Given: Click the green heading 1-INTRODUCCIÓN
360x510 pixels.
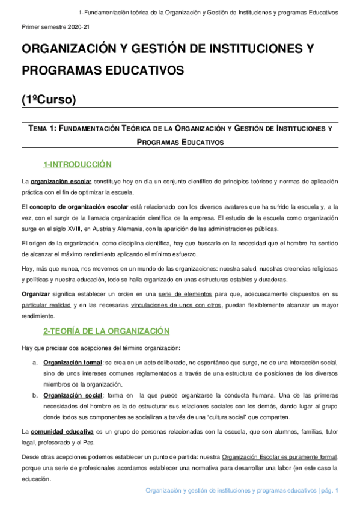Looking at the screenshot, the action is coord(78,164).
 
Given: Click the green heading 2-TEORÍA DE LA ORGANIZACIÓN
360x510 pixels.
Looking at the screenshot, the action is coord(106,331).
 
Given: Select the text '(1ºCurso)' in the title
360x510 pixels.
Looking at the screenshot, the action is coord(49,99).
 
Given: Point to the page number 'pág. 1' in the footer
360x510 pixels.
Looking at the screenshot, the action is coord(329,491).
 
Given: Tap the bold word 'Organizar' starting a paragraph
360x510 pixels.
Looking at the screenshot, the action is coord(35,294).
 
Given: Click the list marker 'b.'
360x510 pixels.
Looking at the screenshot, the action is coord(35,395).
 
